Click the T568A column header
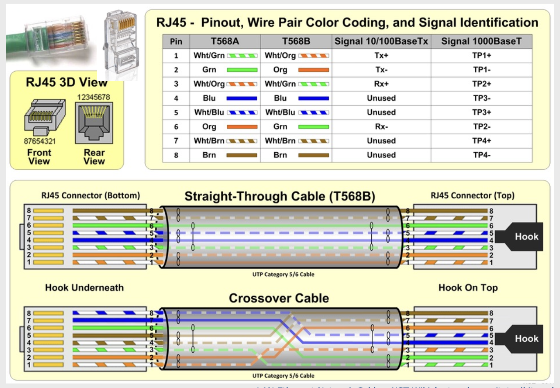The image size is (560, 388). (225, 41)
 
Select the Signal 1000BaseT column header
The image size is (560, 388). (481, 41)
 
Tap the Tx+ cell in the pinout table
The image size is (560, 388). (381, 56)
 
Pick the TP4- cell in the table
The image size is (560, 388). (481, 155)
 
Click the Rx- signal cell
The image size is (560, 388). (381, 126)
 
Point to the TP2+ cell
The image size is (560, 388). (481, 84)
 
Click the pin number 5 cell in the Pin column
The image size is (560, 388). (176, 112)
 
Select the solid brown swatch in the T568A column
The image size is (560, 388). (242, 155)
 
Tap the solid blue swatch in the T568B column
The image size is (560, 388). (314, 98)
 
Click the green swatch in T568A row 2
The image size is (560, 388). (242, 70)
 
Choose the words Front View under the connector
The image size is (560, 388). (39, 157)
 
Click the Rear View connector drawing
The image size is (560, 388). (94, 122)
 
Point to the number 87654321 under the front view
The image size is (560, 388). (40, 141)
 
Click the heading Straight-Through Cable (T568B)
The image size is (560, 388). (280, 196)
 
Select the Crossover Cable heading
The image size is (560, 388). (279, 298)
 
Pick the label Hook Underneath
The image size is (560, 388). (84, 288)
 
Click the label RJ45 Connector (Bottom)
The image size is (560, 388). (90, 196)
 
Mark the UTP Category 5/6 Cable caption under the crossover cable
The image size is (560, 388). (283, 376)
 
